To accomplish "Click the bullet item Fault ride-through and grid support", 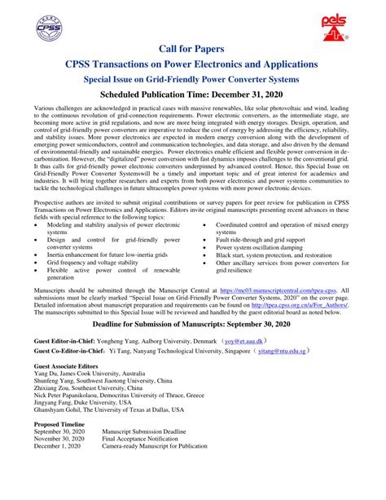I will coord(260,239).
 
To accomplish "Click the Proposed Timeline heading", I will coord(60,446).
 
